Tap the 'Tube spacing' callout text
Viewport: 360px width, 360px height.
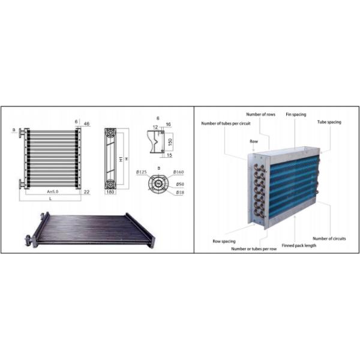point(329,122)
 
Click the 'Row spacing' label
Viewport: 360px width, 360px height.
point(223,241)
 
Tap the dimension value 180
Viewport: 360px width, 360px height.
point(110,192)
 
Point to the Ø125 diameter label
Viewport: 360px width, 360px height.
point(142,172)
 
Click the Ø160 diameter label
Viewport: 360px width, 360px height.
point(179,172)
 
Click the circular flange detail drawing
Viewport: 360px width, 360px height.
point(159,182)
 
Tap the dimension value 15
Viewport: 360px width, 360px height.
point(169,155)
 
